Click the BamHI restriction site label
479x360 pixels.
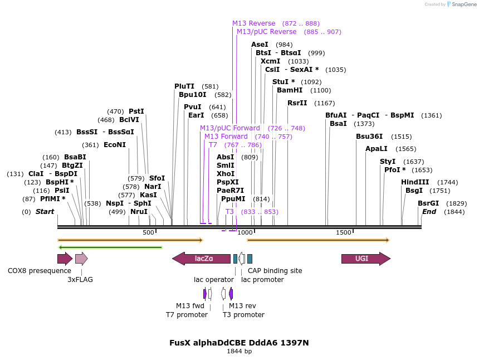(x=289, y=90)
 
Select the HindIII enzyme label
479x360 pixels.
(x=415, y=182)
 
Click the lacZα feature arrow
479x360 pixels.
(x=201, y=259)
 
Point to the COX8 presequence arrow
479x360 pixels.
(x=65, y=259)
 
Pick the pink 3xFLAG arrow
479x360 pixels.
(x=81, y=259)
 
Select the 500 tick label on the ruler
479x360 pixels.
(x=148, y=232)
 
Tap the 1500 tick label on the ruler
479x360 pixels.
(x=344, y=232)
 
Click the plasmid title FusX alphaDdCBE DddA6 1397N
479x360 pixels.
(x=239, y=343)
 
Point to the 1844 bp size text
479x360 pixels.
(x=239, y=352)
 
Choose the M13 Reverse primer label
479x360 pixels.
(x=253, y=23)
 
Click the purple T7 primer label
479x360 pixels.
(x=213, y=145)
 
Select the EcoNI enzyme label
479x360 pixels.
(x=115, y=145)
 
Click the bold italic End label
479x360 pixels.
(x=429, y=212)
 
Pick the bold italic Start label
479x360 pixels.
(x=45, y=212)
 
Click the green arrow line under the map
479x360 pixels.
(x=110, y=247)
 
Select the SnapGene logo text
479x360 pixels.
(x=463, y=4)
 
